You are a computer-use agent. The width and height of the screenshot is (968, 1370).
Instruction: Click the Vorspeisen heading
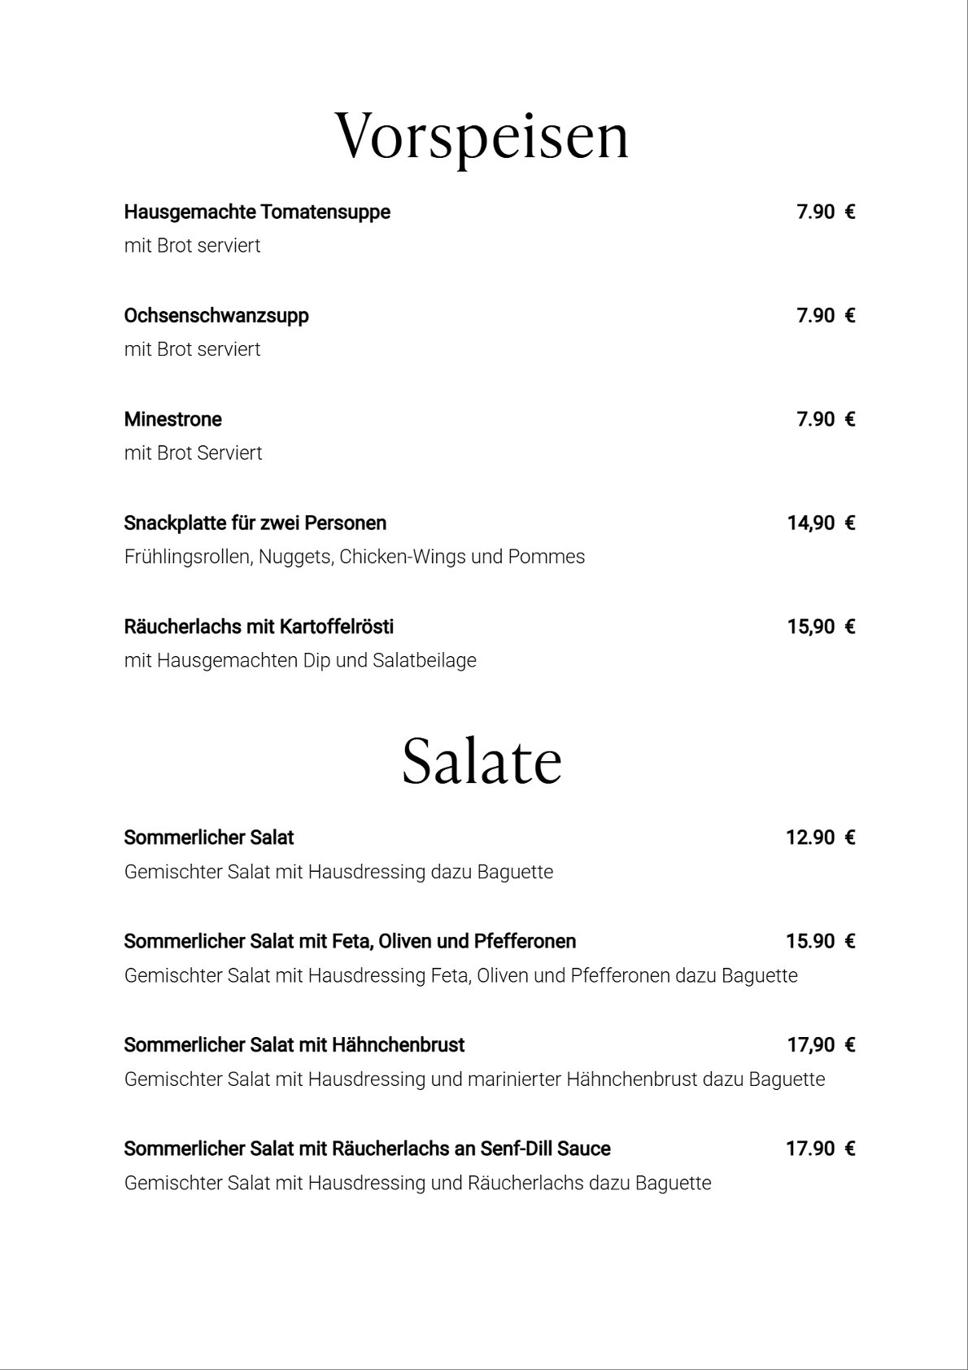(482, 137)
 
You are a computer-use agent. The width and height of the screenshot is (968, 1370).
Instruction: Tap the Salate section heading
(482, 762)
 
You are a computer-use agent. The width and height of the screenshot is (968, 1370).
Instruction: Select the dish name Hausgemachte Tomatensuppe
(257, 212)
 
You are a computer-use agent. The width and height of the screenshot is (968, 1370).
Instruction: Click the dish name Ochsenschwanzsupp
(216, 316)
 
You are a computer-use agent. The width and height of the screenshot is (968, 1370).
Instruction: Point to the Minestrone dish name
(172, 419)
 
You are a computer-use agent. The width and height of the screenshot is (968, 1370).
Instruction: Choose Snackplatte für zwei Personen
(255, 523)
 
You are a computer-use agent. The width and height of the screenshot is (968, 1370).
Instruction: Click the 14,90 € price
(821, 523)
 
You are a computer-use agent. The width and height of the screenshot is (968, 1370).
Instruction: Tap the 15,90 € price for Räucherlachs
(821, 627)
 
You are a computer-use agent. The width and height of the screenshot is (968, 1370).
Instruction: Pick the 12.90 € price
(820, 838)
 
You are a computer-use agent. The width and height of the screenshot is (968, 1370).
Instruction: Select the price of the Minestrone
(825, 419)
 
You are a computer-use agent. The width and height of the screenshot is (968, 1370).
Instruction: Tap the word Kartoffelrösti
(337, 627)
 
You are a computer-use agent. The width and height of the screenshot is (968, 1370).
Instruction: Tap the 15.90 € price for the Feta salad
(820, 942)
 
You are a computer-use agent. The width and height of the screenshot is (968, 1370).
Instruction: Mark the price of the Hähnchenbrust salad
(821, 1045)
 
